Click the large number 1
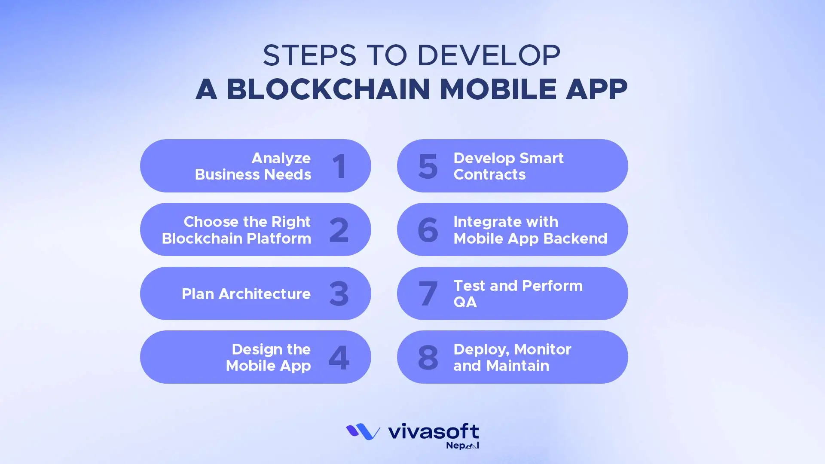pos(339,166)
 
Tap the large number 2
pos(339,230)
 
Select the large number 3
pos(339,294)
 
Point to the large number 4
pos(339,357)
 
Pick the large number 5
pos(428,166)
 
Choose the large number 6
pos(428,230)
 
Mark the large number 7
pos(428,294)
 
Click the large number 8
pos(428,357)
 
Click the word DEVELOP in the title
pos(489,55)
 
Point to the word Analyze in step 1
pos(281,158)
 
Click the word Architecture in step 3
pos(264,294)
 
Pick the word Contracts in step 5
pos(489,174)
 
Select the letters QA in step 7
pos(465,302)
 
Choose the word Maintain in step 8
pos(518,366)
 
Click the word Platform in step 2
pos(278,238)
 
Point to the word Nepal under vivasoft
pos(462,446)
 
